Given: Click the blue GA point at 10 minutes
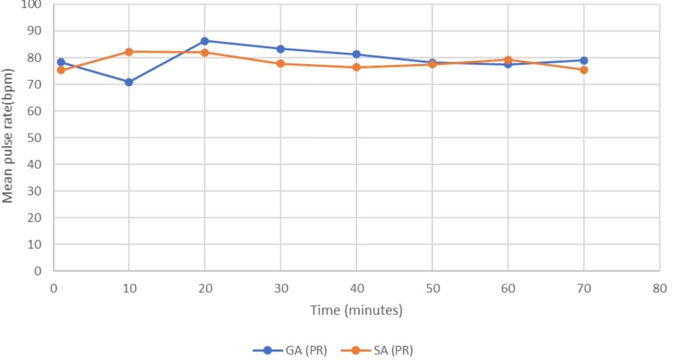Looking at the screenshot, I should (129, 82).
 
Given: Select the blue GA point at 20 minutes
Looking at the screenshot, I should (205, 41).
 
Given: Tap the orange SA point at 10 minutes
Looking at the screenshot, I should (129, 52).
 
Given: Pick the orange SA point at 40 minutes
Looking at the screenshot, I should (356, 67).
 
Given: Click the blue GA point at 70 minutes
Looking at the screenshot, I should (584, 60).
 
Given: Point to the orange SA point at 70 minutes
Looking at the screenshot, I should (584, 70).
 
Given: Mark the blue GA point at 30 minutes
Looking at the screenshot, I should (280, 49).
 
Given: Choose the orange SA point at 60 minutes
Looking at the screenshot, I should (508, 59).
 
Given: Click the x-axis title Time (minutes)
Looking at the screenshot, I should (356, 310).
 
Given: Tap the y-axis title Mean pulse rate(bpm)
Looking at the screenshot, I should (8, 136).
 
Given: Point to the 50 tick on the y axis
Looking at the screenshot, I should (34, 138).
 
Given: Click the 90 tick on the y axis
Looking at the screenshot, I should (34, 31).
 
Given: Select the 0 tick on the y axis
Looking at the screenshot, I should (38, 271).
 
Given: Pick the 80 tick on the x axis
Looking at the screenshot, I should (660, 289).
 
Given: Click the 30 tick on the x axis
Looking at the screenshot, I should (281, 289).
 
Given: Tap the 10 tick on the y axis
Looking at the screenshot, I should (34, 245).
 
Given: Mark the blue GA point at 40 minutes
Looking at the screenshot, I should (356, 54).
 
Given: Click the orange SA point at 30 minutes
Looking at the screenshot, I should (280, 64).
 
